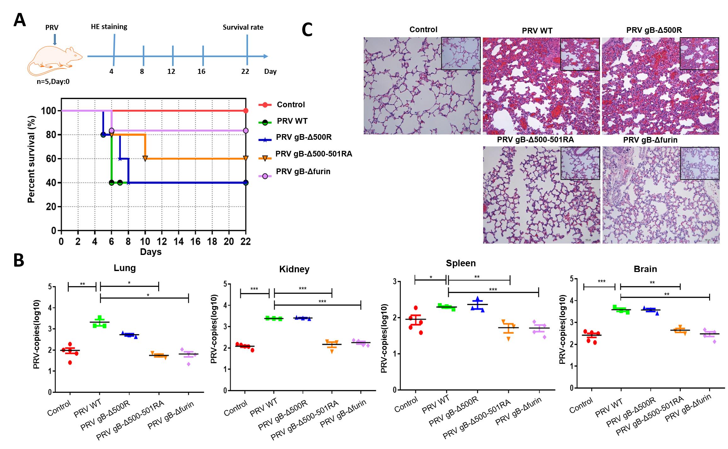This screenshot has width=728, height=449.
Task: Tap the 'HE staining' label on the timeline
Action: (109, 27)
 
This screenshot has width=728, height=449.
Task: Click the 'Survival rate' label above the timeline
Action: (243, 27)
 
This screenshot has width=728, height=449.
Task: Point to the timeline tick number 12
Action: (171, 71)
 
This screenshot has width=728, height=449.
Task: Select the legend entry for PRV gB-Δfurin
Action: (303, 172)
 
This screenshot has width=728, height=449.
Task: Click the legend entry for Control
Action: (291, 104)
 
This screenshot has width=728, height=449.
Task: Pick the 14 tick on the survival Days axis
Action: (178, 241)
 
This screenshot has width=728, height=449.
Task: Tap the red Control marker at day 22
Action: (246, 111)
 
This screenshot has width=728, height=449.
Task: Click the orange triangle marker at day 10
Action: (145, 158)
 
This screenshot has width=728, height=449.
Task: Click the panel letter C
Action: (307, 30)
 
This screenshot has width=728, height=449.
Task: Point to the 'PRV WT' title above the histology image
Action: (537, 31)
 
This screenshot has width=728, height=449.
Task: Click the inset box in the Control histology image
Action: (461, 53)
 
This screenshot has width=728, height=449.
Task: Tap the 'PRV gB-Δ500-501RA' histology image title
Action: (535, 139)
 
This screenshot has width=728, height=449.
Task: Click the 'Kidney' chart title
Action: (294, 269)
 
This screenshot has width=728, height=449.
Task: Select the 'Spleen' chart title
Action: (460, 263)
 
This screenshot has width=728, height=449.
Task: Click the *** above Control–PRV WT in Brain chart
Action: (601, 281)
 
